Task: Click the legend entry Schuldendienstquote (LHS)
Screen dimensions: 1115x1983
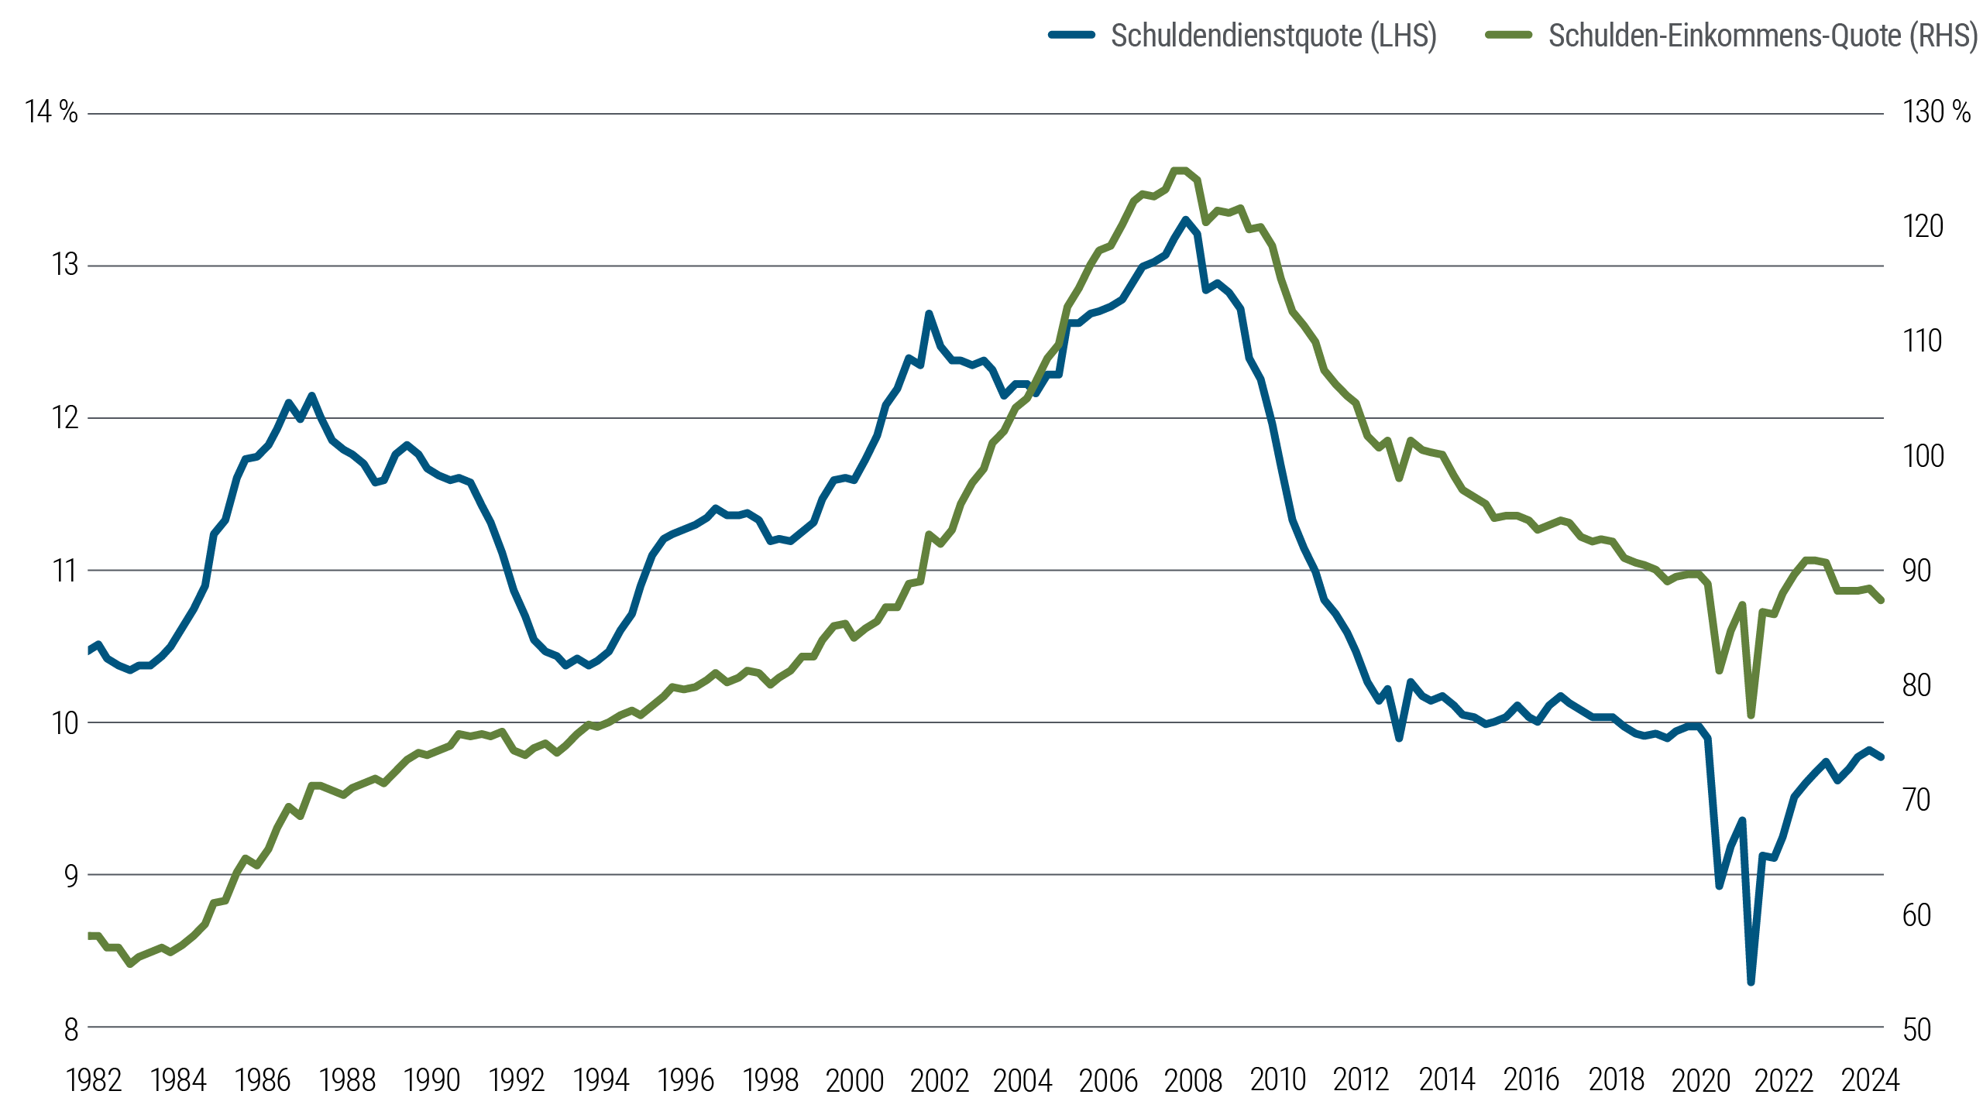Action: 1273,36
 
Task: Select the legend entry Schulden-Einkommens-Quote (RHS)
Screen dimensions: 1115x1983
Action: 1762,36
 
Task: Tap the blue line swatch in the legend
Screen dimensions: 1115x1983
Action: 1071,35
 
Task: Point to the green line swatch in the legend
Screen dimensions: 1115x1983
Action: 1509,35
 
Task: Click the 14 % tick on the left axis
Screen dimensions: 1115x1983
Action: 51,112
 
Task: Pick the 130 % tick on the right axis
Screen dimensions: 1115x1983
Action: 1936,112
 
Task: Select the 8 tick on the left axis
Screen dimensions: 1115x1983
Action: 70,1029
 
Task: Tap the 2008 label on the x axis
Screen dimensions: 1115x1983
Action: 1193,1080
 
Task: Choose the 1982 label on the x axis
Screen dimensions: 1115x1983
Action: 95,1080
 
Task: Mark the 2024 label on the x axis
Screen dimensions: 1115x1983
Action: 1870,1080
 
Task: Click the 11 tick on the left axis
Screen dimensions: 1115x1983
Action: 65,571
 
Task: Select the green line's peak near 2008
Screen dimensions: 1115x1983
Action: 1179,170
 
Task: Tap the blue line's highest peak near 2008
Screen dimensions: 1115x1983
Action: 1185,219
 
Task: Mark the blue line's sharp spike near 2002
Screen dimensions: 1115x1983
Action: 928,314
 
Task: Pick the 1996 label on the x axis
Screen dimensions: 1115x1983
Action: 686,1080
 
